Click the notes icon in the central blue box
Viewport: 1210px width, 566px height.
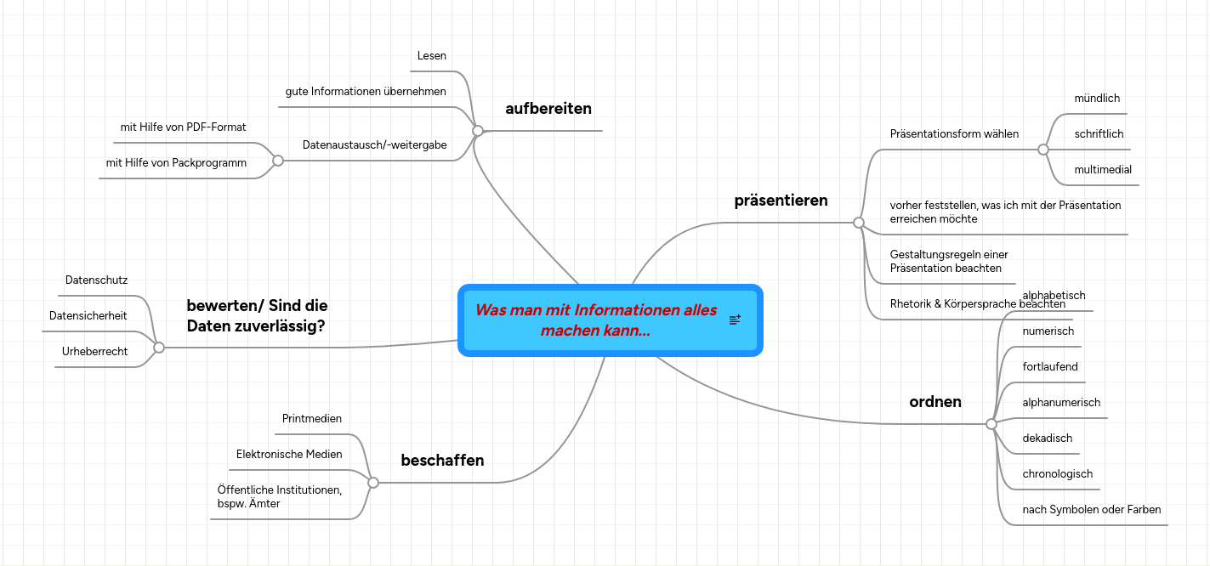[735, 320]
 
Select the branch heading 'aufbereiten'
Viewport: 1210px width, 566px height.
[548, 109]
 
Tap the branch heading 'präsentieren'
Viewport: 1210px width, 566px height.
[781, 201]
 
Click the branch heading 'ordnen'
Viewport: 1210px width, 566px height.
[935, 402]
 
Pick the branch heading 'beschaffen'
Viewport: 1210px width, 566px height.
[442, 461]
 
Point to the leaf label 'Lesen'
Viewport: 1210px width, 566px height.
[431, 56]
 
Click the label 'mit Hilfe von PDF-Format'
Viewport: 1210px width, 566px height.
[183, 127]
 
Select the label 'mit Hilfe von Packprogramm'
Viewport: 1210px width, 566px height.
[176, 163]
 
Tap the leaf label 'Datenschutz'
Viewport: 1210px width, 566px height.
[96, 280]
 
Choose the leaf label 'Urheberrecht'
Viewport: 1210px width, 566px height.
[94, 352]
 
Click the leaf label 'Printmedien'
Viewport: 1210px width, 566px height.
[311, 419]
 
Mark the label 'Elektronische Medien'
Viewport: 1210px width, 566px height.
[289, 455]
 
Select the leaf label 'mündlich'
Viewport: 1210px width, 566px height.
[1097, 99]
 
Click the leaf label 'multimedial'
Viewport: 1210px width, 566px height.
[1103, 170]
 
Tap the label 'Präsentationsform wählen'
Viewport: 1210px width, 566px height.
[954, 134]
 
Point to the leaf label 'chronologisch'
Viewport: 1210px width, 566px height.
[1057, 474]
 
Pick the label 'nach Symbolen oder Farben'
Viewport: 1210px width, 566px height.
[1091, 510]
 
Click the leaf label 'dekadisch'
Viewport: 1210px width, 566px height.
[1047, 439]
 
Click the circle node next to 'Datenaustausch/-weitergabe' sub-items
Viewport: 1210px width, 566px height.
[278, 161]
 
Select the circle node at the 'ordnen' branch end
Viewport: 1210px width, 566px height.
[991, 423]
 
